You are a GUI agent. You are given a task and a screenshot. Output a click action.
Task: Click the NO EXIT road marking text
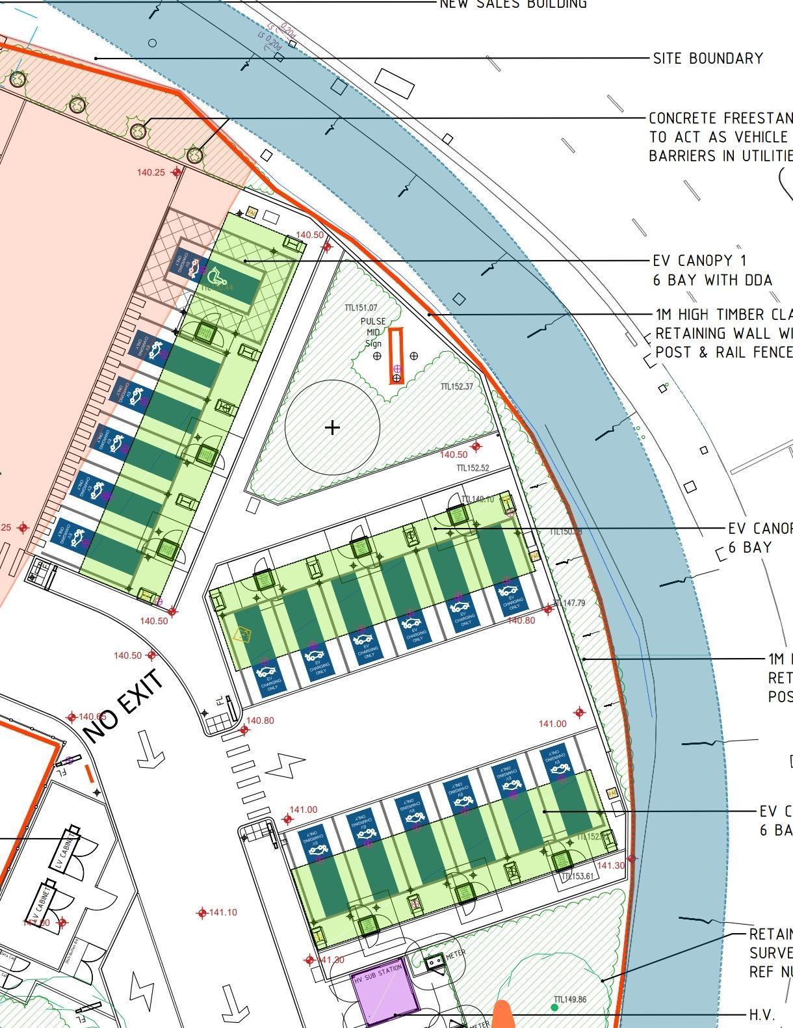click(123, 707)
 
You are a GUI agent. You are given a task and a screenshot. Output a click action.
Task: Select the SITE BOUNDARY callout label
click(708, 59)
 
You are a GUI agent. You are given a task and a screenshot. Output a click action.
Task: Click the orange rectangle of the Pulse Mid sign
click(396, 356)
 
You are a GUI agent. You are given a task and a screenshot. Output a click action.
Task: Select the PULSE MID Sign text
click(373, 332)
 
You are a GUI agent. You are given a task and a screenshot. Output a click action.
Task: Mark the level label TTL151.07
click(361, 308)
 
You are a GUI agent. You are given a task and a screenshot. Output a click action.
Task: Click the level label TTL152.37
click(457, 387)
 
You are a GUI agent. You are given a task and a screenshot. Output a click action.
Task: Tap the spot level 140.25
click(151, 172)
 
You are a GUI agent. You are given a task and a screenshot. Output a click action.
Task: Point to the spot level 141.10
click(223, 913)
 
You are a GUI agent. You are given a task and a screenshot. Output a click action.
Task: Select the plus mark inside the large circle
click(332, 427)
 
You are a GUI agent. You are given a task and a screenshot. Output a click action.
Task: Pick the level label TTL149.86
click(570, 999)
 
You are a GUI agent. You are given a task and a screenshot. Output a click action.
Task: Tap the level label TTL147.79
click(569, 603)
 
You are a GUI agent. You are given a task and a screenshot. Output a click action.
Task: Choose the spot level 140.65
click(92, 717)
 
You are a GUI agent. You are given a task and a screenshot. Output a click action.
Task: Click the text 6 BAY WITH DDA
click(712, 280)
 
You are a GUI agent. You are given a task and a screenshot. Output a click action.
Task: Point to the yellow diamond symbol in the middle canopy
click(242, 634)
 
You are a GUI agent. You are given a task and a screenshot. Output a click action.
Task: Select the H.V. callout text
click(762, 1014)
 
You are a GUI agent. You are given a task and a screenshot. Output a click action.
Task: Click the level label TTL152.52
click(473, 468)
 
